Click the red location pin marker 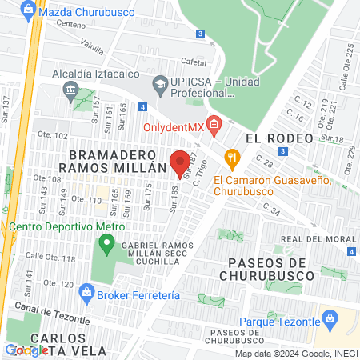[180, 163]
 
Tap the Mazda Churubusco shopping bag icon [29, 12]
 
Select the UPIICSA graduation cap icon [159, 82]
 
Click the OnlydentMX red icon [213, 124]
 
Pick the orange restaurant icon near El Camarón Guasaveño [233, 158]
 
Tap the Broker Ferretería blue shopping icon [86, 294]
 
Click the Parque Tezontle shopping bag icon [327, 320]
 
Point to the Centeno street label [70, 25]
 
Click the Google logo [26, 350]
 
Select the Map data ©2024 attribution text [295, 354]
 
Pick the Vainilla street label [92, 47]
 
